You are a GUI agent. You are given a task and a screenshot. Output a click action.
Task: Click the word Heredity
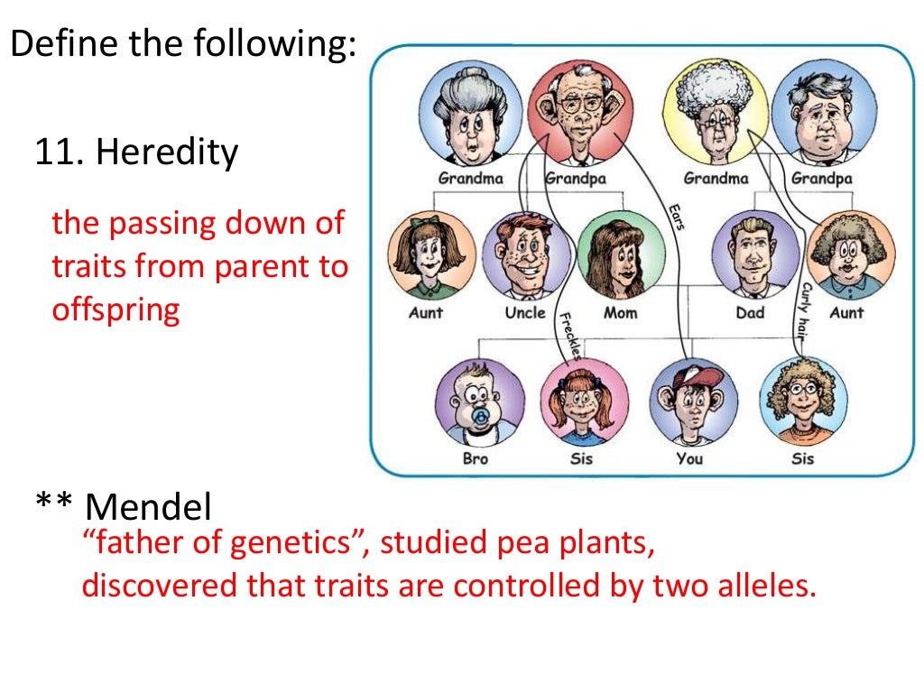click(x=168, y=152)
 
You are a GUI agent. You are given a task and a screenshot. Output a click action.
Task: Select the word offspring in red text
click(x=116, y=309)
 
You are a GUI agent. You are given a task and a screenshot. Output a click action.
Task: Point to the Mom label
click(x=620, y=312)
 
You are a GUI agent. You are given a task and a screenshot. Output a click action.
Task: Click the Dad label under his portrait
click(x=750, y=312)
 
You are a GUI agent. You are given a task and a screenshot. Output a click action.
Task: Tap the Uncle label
click(x=525, y=312)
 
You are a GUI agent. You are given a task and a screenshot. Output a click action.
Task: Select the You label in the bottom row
click(x=689, y=458)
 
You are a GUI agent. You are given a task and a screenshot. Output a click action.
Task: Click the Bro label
click(x=476, y=458)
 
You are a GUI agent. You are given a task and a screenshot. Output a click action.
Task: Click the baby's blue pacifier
click(x=482, y=416)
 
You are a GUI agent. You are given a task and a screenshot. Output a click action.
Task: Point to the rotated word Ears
click(x=675, y=214)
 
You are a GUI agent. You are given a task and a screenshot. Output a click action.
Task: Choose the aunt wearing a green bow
click(x=430, y=254)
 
